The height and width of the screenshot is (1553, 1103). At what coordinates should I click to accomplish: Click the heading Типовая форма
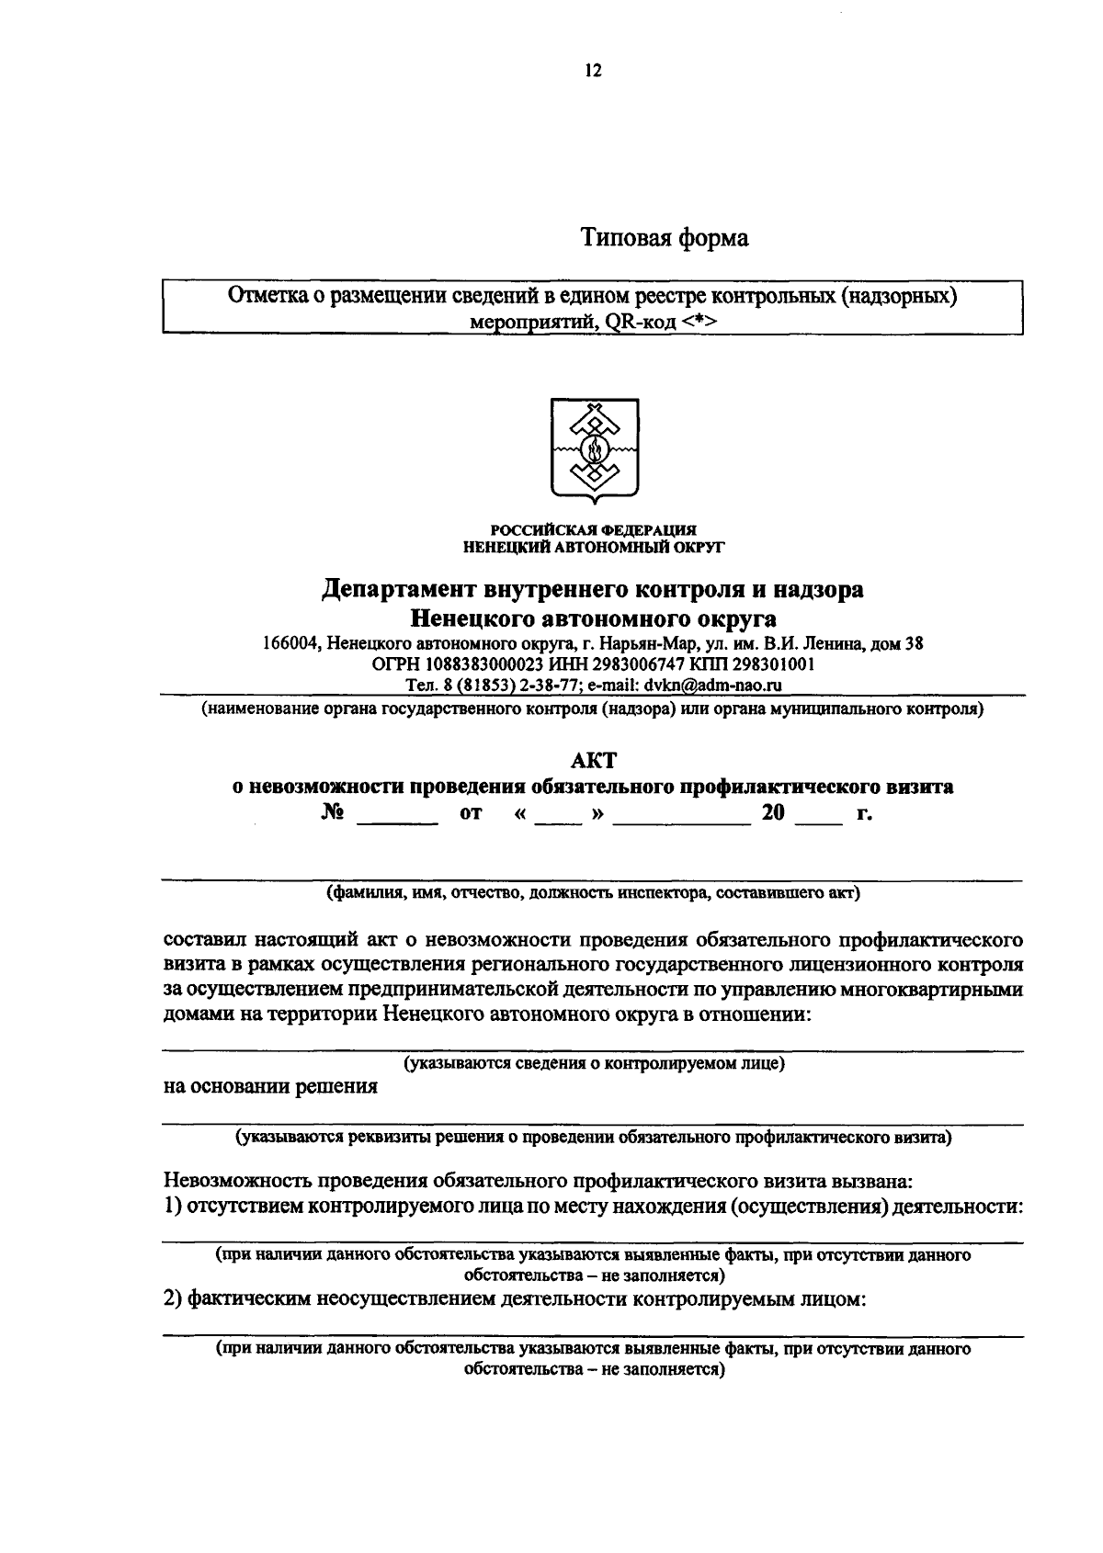[664, 238]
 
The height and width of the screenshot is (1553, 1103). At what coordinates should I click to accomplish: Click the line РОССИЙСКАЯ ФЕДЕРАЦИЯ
[593, 530]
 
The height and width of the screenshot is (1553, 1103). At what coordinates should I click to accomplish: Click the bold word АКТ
[593, 761]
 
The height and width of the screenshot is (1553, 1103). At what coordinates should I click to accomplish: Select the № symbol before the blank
[334, 813]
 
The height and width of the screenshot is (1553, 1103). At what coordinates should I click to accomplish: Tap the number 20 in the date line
[772, 813]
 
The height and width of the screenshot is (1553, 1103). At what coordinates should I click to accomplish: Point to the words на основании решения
[270, 1087]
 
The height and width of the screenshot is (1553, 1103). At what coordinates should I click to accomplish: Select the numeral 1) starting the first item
[173, 1206]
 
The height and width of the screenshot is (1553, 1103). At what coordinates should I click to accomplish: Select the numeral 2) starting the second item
[173, 1299]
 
